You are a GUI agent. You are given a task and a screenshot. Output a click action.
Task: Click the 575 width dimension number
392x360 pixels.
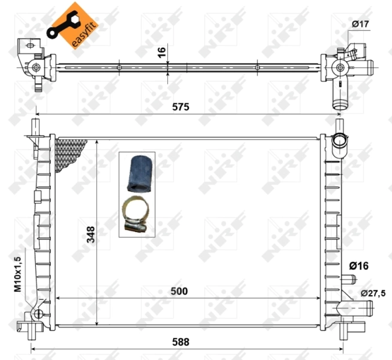180,107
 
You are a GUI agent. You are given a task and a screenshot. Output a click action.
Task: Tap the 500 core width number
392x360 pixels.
179,291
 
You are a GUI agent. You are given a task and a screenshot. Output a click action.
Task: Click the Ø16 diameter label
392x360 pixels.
359,265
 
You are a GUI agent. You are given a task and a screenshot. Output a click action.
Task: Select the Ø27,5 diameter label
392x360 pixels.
372,293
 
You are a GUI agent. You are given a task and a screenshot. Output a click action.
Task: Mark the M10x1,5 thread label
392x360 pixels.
18,274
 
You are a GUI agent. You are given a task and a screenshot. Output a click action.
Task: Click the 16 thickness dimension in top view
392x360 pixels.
161,52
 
